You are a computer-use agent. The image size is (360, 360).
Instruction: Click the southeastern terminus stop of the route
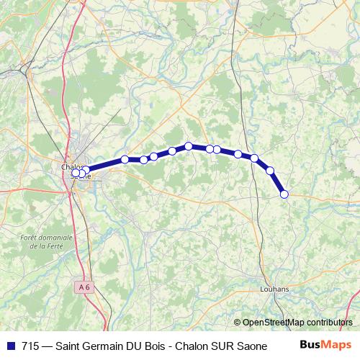(284, 194)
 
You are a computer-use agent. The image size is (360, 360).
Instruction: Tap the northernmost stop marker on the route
(189, 145)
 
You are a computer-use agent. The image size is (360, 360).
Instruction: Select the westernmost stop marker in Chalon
(75, 172)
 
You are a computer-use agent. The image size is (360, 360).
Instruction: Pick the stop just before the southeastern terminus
(271, 171)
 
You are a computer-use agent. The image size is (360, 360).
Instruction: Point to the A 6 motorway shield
(85, 287)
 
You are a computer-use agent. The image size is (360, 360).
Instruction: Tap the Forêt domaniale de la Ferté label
(47, 241)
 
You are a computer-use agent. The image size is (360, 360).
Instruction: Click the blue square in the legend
(11, 345)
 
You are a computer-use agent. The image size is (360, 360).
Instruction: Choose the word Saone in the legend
(243, 345)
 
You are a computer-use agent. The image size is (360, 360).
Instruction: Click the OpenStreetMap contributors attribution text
(297, 323)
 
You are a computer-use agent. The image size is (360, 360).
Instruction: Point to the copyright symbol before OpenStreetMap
(238, 323)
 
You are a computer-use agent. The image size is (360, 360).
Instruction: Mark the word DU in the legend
(134, 345)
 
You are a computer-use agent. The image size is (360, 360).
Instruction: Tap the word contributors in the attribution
(328, 323)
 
